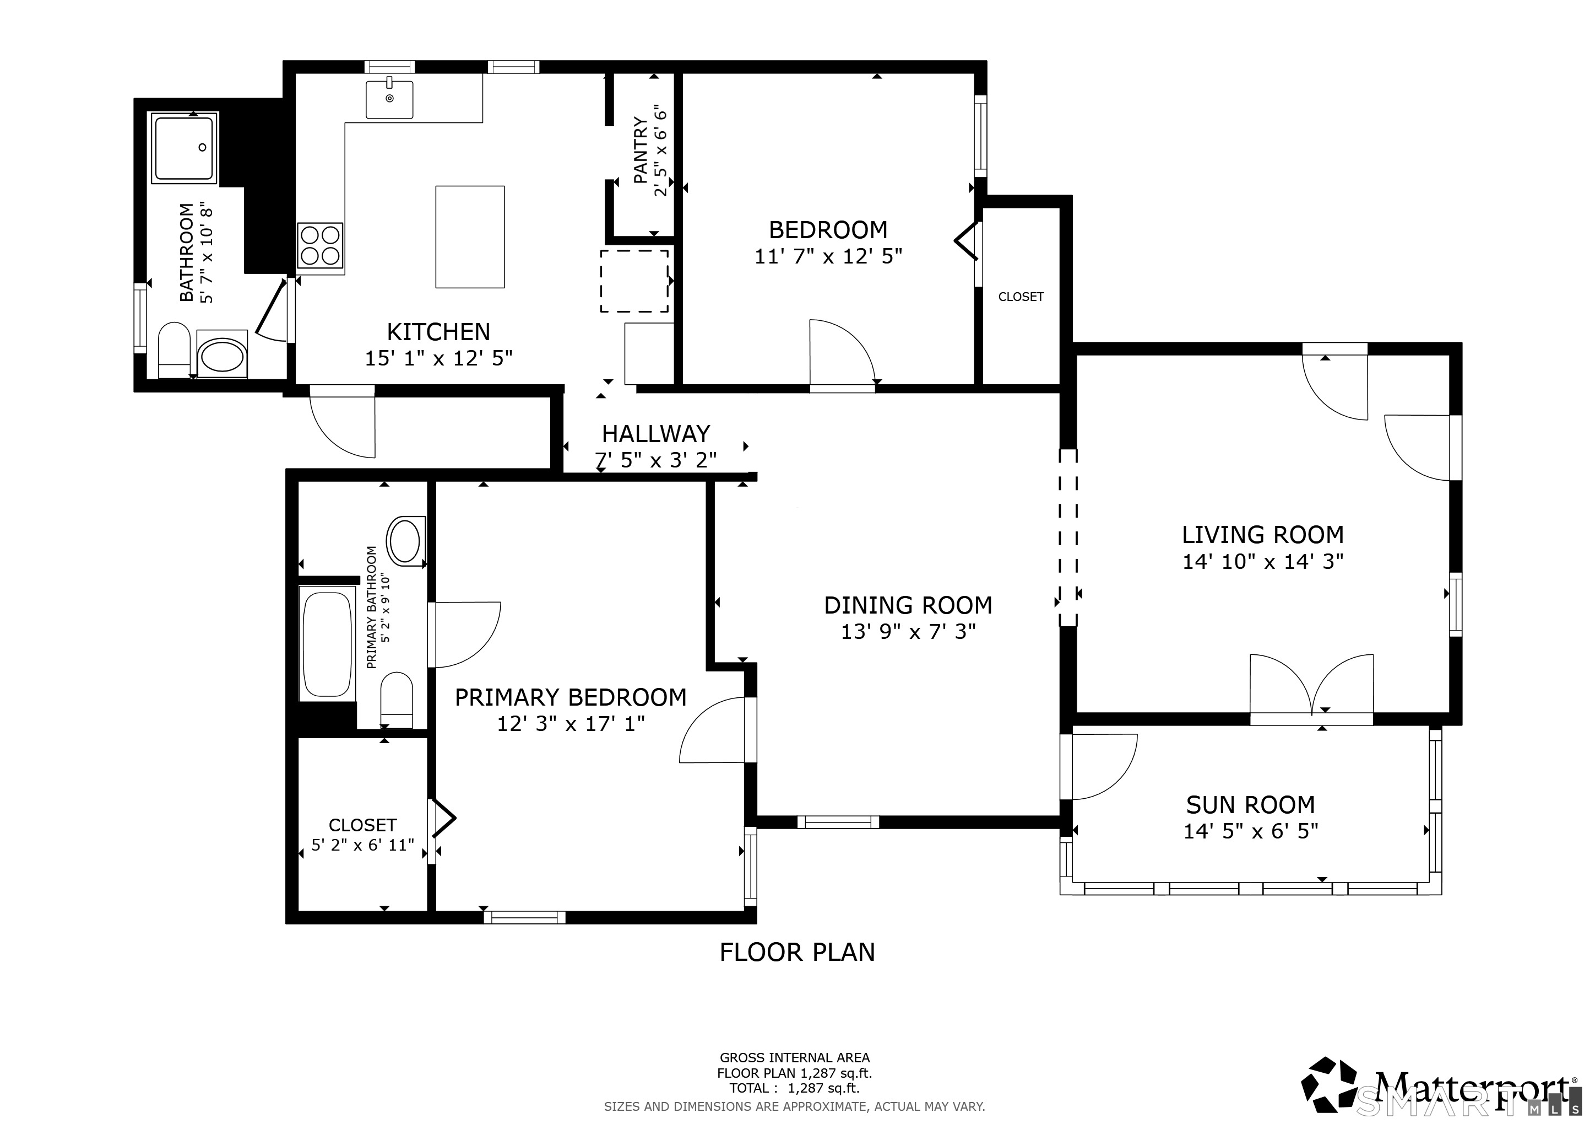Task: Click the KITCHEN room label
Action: pos(438,332)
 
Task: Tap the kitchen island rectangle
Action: pos(470,236)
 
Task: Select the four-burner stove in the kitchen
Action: pos(320,245)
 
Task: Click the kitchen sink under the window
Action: pos(390,99)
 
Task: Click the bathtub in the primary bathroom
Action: pos(327,643)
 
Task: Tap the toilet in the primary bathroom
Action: pos(397,698)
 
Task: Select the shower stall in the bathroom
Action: pos(184,148)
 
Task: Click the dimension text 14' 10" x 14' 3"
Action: pos(1263,562)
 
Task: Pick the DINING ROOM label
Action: pos(908,605)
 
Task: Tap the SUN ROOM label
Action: pos(1250,805)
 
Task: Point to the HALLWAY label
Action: pos(656,434)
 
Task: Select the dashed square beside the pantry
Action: pos(634,281)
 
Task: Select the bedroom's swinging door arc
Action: pos(843,352)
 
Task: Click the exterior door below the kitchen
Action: pos(342,422)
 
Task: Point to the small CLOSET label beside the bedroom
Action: pos(1021,297)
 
